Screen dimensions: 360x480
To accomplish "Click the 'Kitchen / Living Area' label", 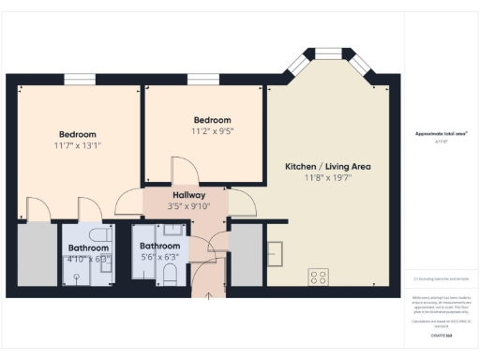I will tap(328, 166).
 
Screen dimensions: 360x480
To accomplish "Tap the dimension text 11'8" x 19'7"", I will tap(328, 177).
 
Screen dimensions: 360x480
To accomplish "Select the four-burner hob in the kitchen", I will tap(319, 277).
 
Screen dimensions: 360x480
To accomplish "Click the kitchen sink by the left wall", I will tap(276, 254).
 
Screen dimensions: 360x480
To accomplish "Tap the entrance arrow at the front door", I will tap(208, 292).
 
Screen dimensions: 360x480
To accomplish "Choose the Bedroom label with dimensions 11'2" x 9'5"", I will tap(213, 120).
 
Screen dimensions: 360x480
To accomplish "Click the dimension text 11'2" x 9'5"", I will tap(213, 131).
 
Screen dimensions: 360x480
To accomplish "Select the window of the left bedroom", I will tap(79, 79).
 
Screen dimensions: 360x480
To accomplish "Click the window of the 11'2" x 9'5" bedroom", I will tap(202, 79).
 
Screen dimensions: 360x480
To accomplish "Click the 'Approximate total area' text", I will tap(442, 133).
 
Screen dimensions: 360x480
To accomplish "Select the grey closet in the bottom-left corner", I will tap(37, 255).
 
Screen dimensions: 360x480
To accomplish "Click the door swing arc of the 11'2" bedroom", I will tap(184, 170).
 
